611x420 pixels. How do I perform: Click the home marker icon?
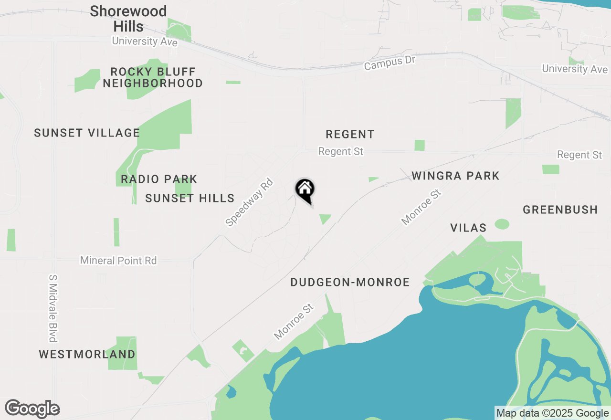[x=305, y=189]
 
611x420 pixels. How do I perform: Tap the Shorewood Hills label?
[x=128, y=19]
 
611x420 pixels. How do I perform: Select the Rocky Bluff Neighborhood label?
[x=153, y=78]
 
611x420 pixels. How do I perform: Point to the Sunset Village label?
[x=87, y=133]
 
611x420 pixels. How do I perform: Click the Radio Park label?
[x=159, y=179]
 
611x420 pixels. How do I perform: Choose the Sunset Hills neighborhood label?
[x=190, y=198]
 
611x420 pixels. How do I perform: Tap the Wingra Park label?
[x=455, y=176]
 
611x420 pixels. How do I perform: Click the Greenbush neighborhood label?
[x=560, y=210]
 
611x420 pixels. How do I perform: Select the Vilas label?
[x=468, y=228]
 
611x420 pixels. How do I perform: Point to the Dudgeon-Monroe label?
[x=350, y=283]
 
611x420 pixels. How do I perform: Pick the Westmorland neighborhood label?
[x=87, y=355]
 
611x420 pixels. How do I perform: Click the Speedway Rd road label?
[x=249, y=202]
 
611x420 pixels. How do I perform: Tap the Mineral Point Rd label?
[x=118, y=261]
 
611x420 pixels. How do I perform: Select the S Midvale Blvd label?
[x=53, y=308]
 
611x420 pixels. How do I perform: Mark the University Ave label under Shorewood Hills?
[x=145, y=42]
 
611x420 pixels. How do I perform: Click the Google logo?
[x=32, y=409]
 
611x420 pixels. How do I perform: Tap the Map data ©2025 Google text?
[x=552, y=413]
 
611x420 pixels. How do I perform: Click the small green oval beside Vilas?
[x=502, y=224]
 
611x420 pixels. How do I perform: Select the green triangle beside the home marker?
[x=325, y=219]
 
